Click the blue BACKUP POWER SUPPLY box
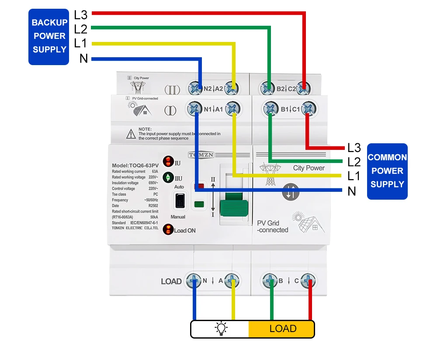(x=49, y=36)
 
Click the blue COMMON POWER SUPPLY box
(x=387, y=171)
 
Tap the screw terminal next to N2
(x=195, y=89)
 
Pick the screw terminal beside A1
(x=233, y=109)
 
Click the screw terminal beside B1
(x=270, y=109)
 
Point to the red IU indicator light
(x=168, y=162)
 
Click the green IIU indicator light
(x=168, y=178)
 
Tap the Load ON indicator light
(x=168, y=229)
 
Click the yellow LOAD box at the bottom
(x=281, y=329)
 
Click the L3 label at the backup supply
(x=81, y=14)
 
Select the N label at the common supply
(x=352, y=191)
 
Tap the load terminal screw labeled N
(x=193, y=281)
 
